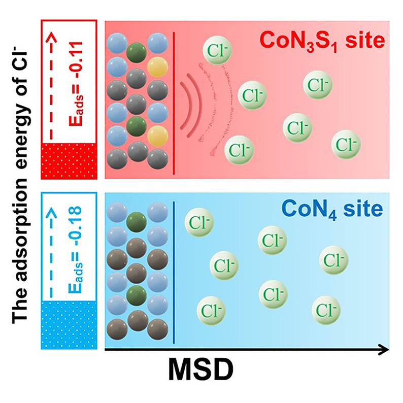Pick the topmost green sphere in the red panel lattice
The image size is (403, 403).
[135, 51]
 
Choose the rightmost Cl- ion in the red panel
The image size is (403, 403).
[347, 144]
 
